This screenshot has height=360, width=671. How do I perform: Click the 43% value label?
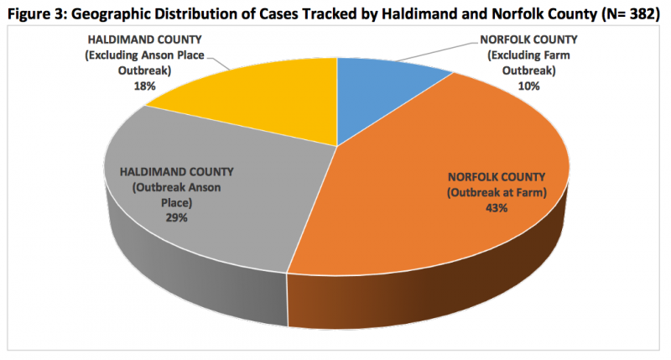[x=497, y=208]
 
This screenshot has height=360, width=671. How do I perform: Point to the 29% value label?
[x=176, y=217]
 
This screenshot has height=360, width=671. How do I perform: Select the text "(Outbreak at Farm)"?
[x=497, y=193]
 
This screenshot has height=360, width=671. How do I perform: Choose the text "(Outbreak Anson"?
[x=176, y=187]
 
